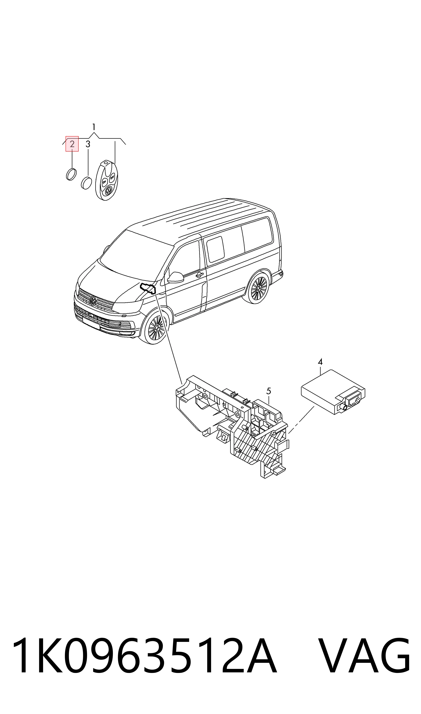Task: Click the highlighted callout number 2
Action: point(72,144)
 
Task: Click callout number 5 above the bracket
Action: point(269,391)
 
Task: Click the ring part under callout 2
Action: point(71,174)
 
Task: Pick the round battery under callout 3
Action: point(87,183)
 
